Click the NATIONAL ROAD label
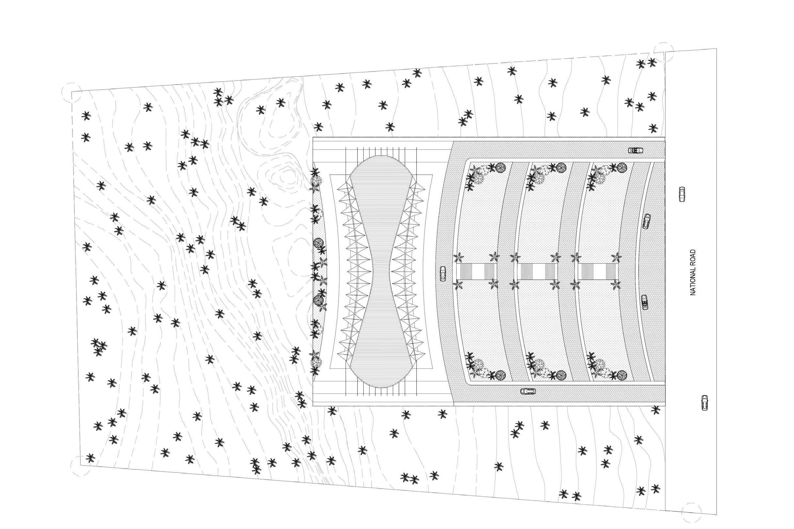[x=693, y=272]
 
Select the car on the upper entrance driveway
[x=635, y=150]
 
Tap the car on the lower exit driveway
[x=528, y=391]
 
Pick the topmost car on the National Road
[x=682, y=194]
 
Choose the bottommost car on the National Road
[x=705, y=403]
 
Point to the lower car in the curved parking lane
[x=644, y=302]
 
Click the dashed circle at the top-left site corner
[x=71, y=92]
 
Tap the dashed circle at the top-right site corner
[x=663, y=52]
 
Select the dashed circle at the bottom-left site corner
[x=80, y=466]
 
